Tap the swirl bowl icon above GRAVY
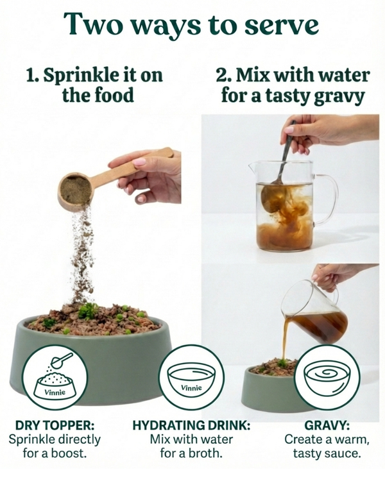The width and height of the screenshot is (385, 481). click(328, 378)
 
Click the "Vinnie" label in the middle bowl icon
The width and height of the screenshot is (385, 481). click(192, 388)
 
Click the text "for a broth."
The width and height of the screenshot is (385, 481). click(191, 453)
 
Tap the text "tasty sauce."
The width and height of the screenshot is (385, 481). click(327, 453)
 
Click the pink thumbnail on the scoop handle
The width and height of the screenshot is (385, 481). click(140, 162)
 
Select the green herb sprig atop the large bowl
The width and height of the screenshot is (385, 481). click(87, 310)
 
